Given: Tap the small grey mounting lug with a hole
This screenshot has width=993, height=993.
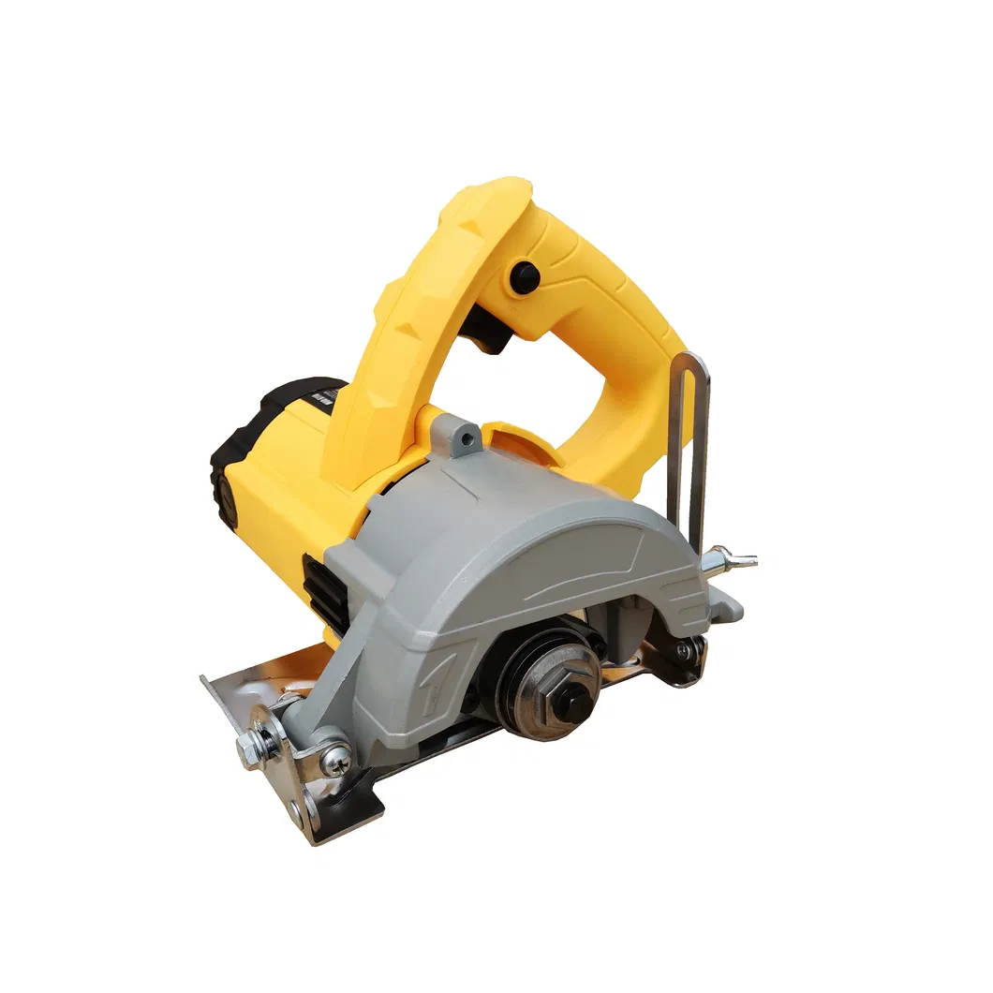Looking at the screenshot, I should [x=464, y=435].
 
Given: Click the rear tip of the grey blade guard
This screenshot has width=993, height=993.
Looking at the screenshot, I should [x=731, y=609].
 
